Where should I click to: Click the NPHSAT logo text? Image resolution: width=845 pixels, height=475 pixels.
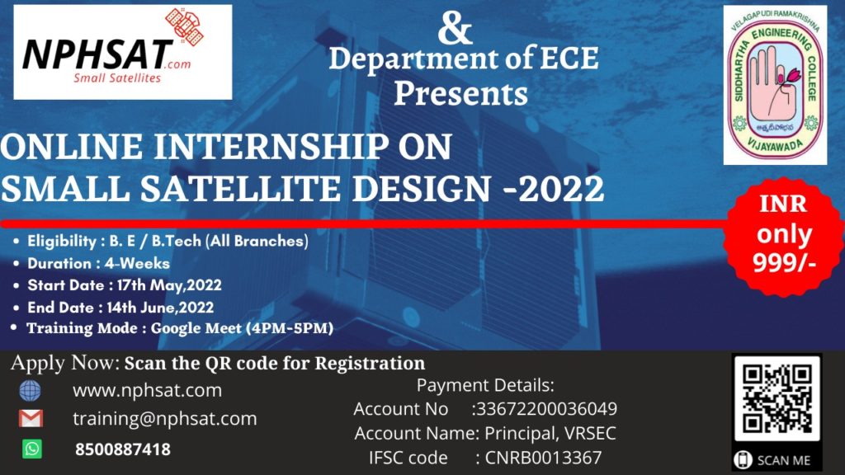(x=97, y=54)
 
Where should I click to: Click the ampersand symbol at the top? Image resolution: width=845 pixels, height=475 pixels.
(x=456, y=28)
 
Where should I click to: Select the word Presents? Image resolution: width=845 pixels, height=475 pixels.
(x=460, y=94)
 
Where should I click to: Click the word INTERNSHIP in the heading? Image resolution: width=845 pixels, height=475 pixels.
(x=271, y=147)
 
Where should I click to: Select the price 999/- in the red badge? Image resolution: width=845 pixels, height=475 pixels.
(x=784, y=262)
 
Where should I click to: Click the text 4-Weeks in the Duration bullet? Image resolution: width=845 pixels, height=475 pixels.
(x=137, y=263)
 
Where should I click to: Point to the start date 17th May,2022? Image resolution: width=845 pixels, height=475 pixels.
(x=168, y=285)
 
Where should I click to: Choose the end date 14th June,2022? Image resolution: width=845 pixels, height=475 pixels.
(x=160, y=308)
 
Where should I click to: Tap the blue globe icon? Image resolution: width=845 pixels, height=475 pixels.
(x=31, y=390)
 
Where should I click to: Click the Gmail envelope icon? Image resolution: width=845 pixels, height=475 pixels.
(x=31, y=418)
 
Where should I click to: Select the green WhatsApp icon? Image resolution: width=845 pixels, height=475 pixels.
(x=32, y=449)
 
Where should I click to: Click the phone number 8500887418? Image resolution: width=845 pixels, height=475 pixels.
(x=123, y=449)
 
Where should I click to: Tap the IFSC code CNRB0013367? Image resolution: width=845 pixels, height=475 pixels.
(x=543, y=458)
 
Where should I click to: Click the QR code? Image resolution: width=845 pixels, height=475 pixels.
(x=777, y=398)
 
